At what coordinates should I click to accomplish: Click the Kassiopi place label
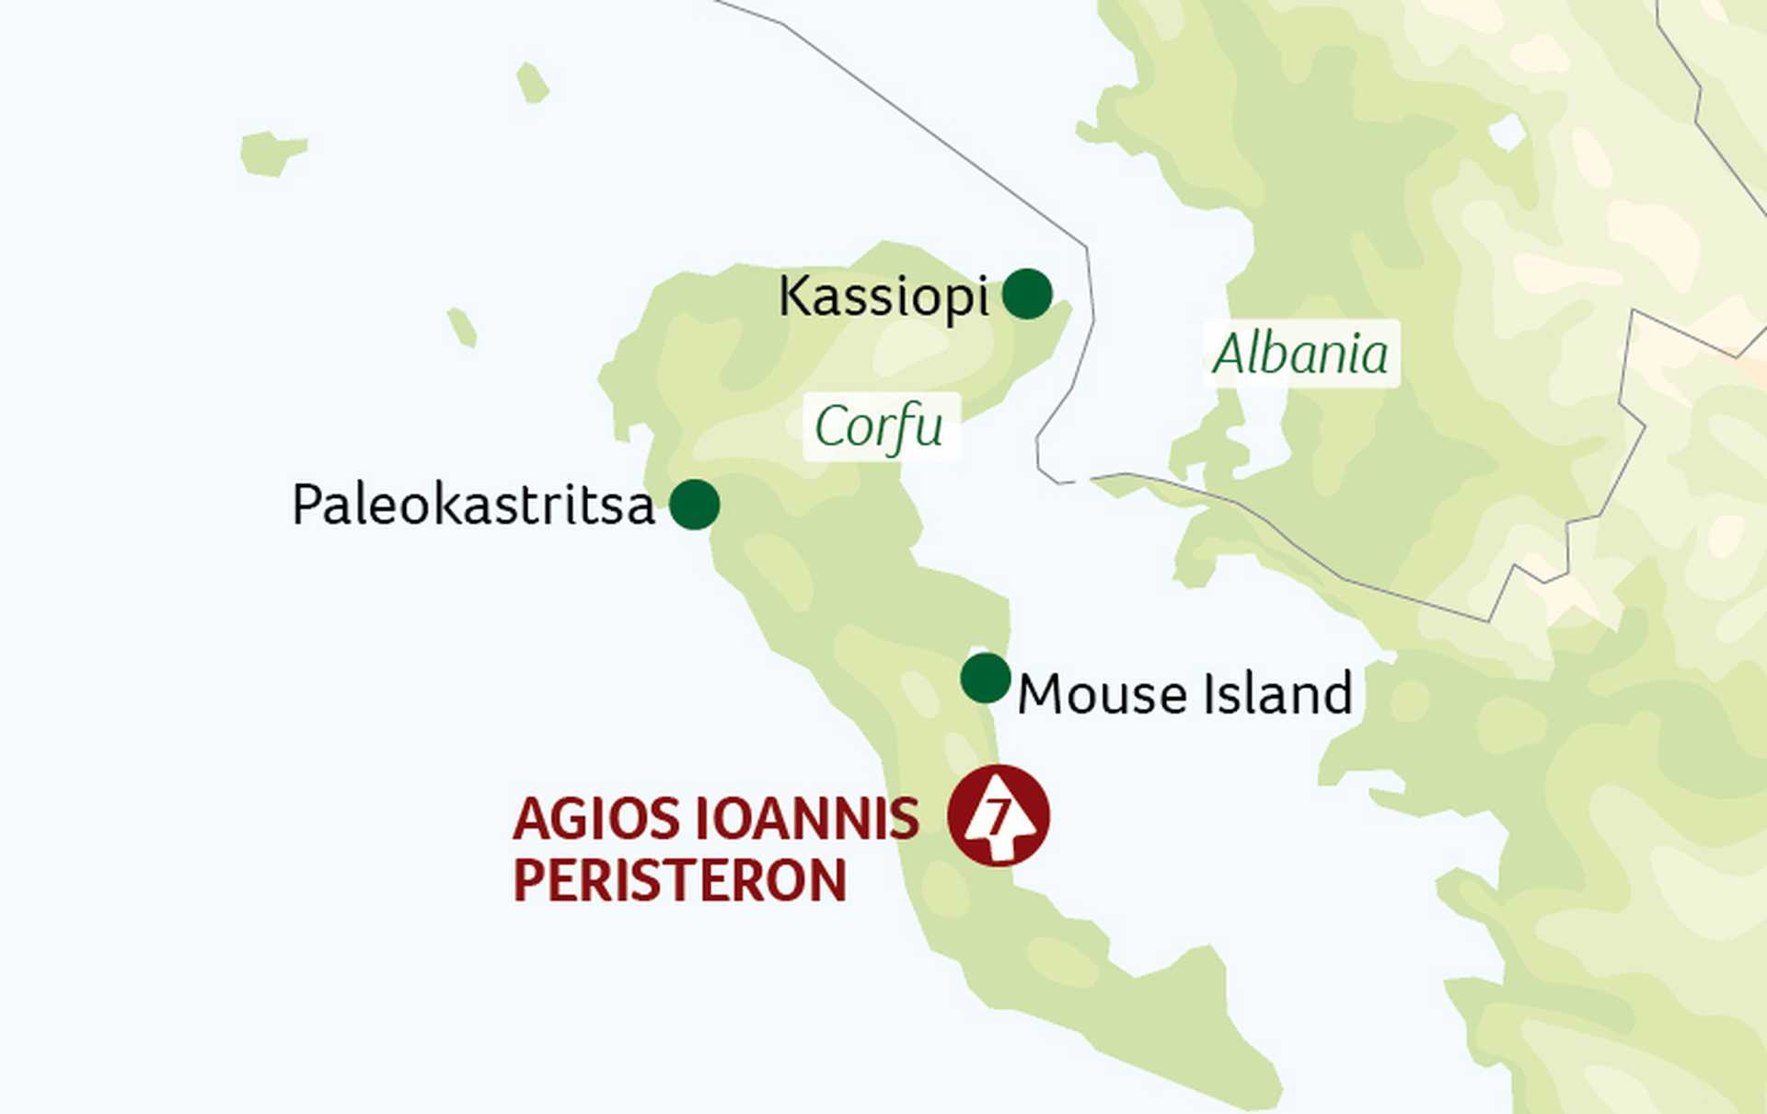click(x=883, y=297)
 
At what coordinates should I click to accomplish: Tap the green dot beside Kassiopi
click(x=1026, y=295)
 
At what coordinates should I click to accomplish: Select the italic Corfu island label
click(x=879, y=426)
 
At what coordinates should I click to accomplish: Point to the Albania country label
click(x=1300, y=354)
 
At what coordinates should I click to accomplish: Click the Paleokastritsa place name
click(x=473, y=505)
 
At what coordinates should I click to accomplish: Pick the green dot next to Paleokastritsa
click(x=694, y=505)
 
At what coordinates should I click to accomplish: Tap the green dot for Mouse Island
click(x=985, y=679)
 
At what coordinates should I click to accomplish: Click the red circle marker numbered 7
click(x=999, y=816)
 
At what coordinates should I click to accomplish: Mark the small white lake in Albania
click(x=1507, y=133)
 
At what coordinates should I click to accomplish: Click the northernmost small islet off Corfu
click(x=532, y=83)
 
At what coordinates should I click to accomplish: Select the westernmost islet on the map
click(x=271, y=153)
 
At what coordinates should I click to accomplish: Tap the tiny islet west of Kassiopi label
click(x=462, y=327)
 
